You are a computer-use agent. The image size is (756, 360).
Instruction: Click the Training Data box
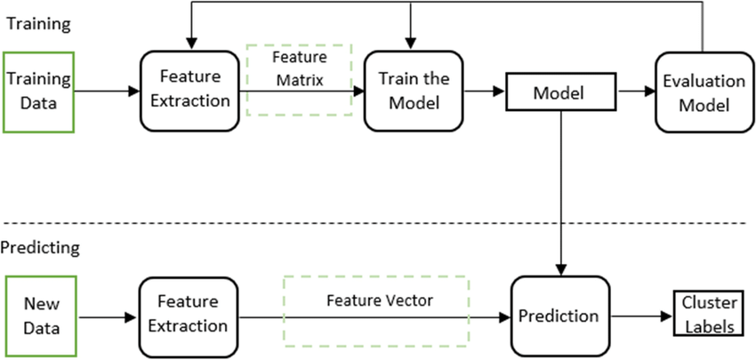[38, 92]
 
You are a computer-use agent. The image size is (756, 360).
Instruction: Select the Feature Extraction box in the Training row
[189, 91]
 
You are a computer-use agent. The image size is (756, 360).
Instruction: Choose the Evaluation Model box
[703, 92]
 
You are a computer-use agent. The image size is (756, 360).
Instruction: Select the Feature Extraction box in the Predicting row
[189, 316]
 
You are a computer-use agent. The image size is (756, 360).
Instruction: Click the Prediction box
[559, 316]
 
